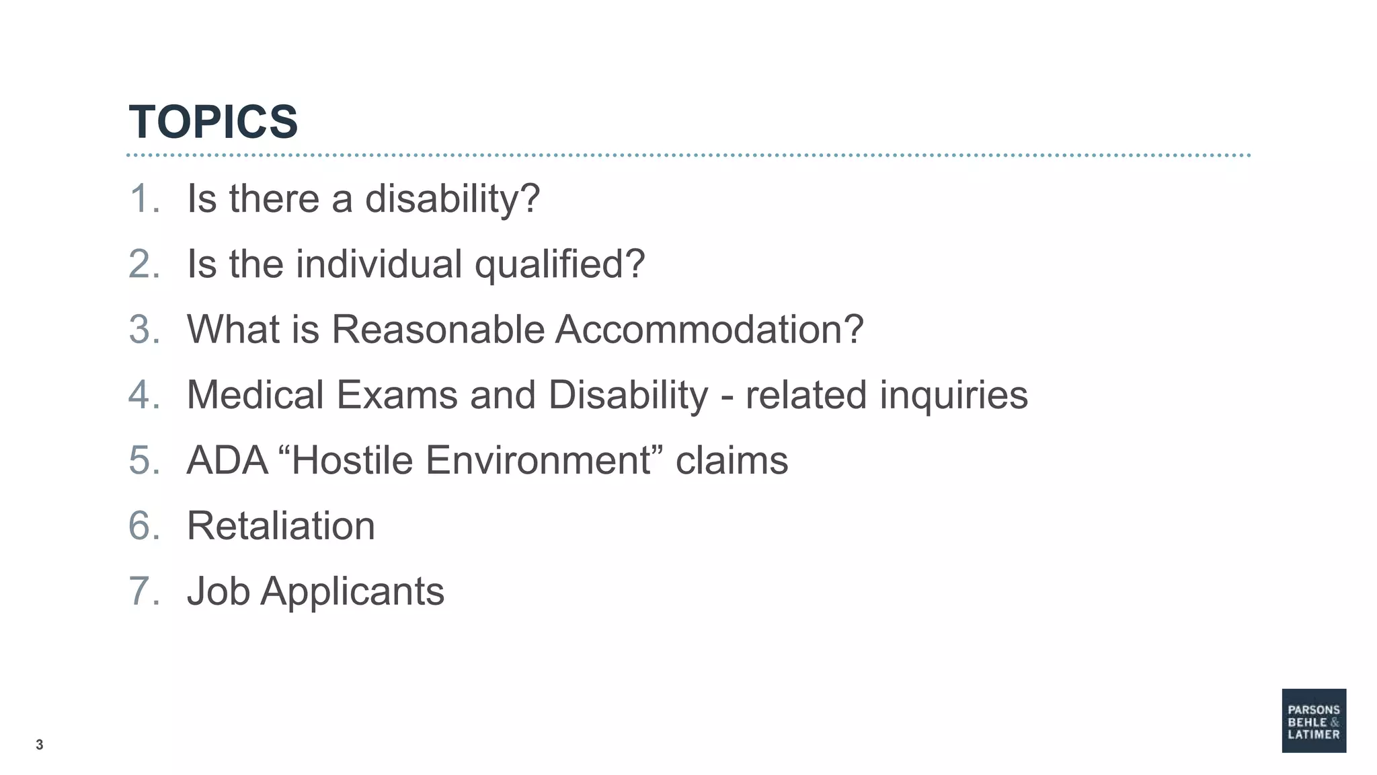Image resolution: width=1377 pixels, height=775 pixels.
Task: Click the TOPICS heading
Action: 213,122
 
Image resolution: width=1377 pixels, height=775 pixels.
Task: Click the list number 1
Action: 143,198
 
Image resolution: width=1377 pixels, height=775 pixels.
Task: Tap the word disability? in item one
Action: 452,199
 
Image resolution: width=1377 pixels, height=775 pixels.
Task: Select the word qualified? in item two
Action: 559,264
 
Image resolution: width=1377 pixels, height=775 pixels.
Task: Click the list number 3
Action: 143,329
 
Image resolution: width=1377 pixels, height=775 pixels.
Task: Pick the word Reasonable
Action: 438,329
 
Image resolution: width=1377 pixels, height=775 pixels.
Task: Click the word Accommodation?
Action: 709,329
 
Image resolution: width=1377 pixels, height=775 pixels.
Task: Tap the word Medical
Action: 255,394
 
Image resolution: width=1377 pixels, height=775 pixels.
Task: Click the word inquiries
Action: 953,395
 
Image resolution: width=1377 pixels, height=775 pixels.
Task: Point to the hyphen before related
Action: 727,397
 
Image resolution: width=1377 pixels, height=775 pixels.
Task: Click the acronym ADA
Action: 227,460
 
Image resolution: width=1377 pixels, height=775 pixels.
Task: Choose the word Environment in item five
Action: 538,460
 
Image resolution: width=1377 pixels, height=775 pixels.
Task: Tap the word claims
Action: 732,460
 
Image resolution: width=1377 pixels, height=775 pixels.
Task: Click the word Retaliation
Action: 280,525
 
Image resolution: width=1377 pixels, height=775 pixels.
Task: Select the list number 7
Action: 143,591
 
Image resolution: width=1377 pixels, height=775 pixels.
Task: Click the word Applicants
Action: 352,591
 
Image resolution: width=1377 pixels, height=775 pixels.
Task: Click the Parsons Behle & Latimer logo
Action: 1313,721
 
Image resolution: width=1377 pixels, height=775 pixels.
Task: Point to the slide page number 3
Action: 40,745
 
